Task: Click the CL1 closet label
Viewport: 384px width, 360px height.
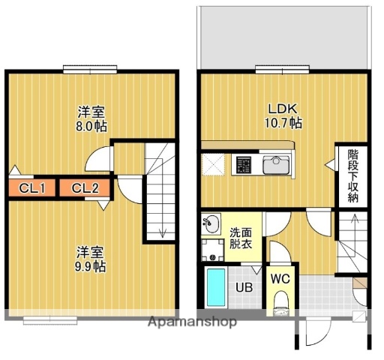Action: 30,187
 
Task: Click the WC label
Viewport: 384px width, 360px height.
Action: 280,279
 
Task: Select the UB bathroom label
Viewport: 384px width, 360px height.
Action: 244,287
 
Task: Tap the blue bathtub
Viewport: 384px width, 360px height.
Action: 217,288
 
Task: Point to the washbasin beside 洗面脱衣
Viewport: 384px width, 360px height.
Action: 211,224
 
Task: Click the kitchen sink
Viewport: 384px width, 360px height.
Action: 276,163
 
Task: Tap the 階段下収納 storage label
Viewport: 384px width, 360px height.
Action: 352,176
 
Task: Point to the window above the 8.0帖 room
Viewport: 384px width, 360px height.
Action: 90,70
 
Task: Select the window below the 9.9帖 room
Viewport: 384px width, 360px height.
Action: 51,321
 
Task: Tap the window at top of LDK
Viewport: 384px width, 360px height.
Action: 282,70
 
